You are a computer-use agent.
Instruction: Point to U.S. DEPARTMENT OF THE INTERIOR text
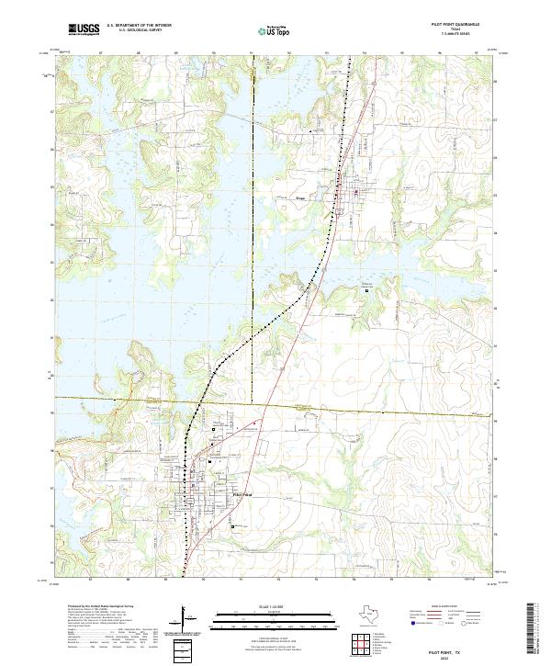[x=139, y=27]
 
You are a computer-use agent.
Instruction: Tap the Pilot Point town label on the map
[x=241, y=494]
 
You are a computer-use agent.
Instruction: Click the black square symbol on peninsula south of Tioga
[x=368, y=289]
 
